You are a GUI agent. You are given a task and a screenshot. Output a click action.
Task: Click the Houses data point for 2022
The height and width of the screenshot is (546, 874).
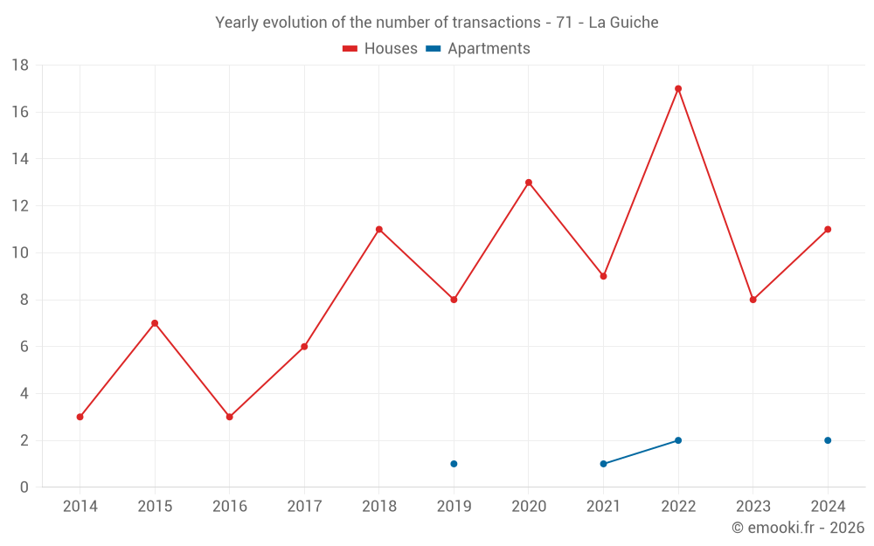pos(678,88)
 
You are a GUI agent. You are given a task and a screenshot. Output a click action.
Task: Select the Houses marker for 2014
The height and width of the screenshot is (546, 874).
pos(80,417)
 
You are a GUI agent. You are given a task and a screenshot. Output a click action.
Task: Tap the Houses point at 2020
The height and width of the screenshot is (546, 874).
pos(529,183)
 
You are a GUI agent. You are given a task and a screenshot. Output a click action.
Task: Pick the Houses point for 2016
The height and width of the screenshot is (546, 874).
pos(229,417)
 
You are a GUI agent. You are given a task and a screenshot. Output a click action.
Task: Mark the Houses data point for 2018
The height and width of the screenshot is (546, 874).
pos(378,230)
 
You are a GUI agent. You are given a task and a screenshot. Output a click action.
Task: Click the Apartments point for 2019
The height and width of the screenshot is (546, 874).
pos(454,464)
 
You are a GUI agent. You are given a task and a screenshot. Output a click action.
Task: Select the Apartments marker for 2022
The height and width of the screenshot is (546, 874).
pos(678,440)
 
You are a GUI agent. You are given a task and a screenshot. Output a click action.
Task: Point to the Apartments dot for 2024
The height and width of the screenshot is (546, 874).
pos(828,440)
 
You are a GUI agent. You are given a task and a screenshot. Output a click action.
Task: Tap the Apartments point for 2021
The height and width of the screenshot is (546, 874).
pos(603,464)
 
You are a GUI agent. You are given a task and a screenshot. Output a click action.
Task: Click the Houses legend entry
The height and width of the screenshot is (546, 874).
pos(380,49)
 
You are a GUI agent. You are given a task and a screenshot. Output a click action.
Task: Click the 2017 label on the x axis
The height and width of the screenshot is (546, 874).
pos(304,507)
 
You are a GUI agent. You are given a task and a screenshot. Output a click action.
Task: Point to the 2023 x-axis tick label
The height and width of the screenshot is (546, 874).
pos(753,507)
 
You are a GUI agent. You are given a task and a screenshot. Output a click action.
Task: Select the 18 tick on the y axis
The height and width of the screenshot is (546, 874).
pos(20,66)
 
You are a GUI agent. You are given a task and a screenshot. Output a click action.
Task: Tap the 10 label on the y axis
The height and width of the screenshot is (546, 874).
pos(20,253)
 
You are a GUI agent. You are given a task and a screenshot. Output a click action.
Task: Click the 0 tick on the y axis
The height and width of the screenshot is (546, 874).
pos(24,487)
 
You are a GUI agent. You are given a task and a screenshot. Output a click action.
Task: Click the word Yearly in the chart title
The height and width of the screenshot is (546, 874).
pos(238,23)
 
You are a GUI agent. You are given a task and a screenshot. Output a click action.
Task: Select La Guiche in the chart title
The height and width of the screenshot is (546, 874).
pos(623,23)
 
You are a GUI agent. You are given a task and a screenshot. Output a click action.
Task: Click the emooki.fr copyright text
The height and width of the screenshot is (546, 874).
pos(798,528)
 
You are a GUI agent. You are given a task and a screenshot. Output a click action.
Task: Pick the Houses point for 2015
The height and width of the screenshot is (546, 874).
pos(155,323)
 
